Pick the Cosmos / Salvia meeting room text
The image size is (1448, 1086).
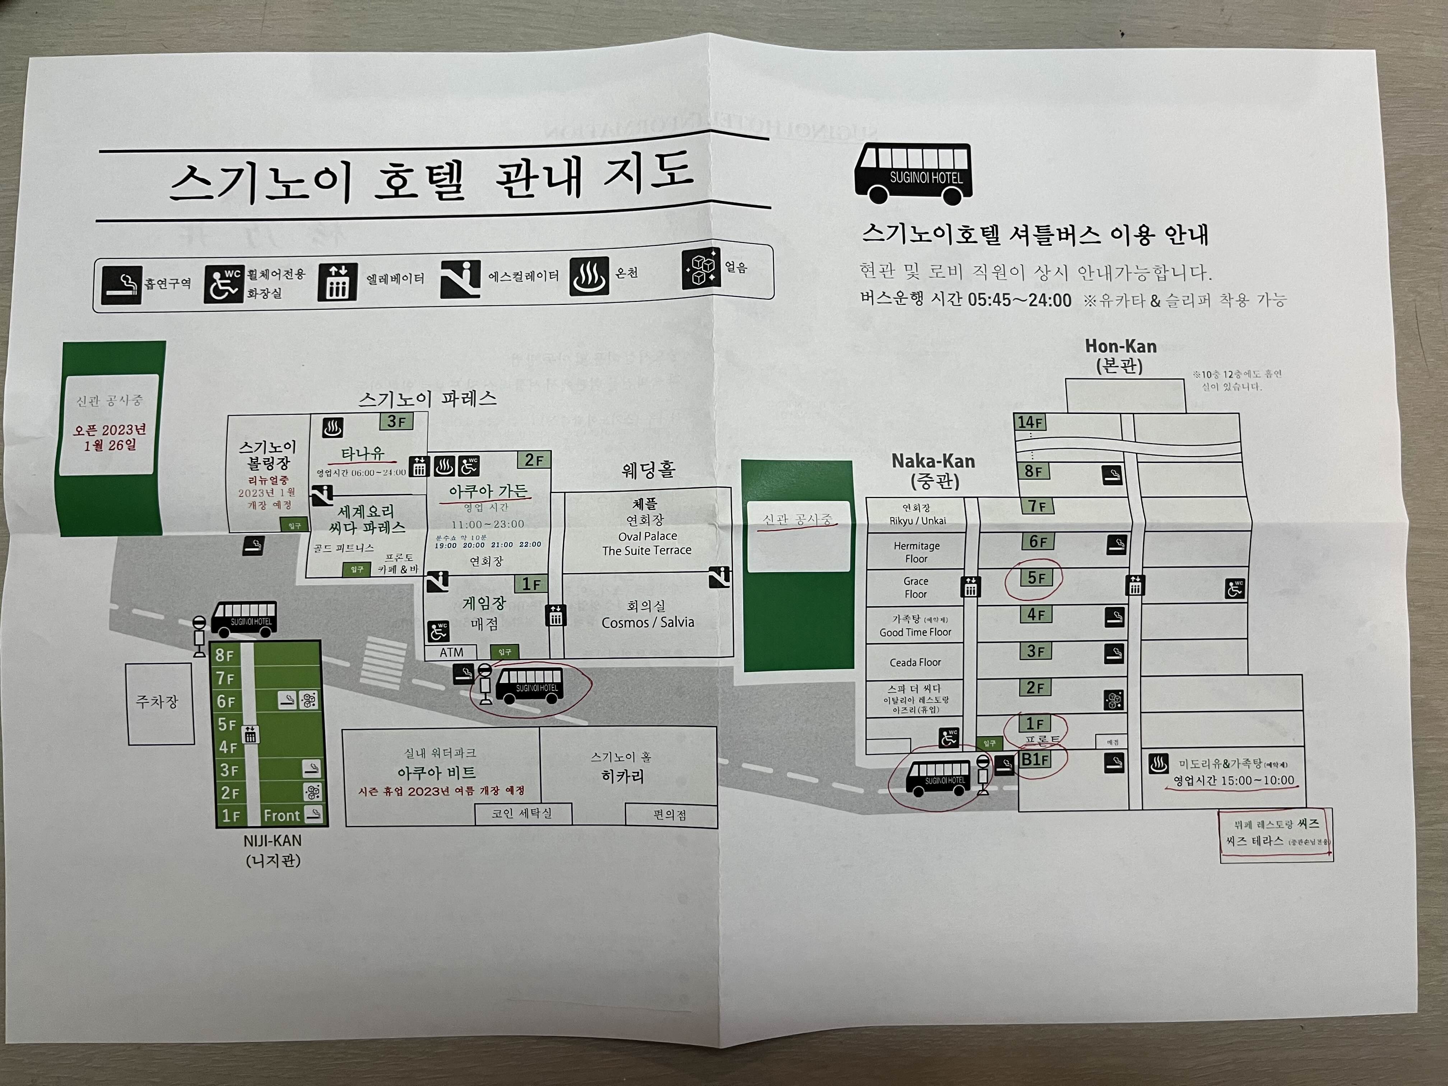pyautogui.click(x=648, y=622)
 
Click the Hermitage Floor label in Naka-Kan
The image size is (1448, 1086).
pyautogui.click(x=916, y=552)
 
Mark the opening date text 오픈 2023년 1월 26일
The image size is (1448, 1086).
pyautogui.click(x=109, y=437)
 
